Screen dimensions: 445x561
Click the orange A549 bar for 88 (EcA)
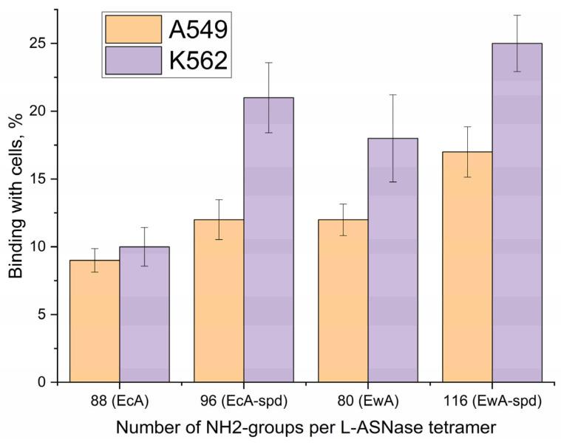pyautogui.click(x=95, y=321)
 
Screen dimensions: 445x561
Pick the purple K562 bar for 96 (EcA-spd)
pyautogui.click(x=268, y=240)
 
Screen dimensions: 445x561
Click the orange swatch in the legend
pyautogui.click(x=134, y=30)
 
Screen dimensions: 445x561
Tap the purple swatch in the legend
pyautogui.click(x=134, y=60)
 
